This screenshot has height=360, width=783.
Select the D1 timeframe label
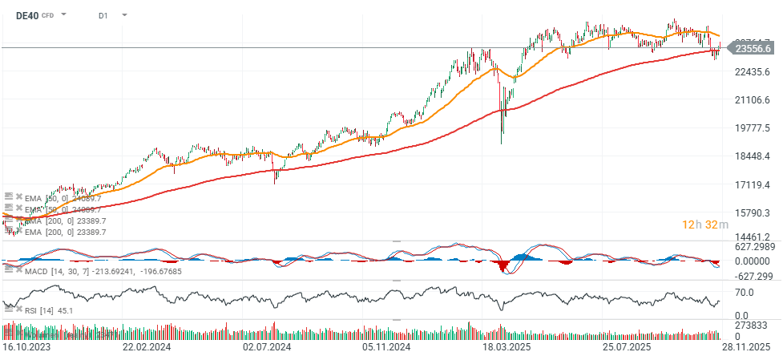point(103,15)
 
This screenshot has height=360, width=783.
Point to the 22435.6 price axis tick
point(752,72)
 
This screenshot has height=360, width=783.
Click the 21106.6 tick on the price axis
point(752,100)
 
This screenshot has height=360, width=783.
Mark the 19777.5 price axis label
point(752,128)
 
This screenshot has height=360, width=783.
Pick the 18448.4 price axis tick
point(752,156)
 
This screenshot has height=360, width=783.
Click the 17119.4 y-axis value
point(752,184)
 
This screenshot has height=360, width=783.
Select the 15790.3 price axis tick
point(752,212)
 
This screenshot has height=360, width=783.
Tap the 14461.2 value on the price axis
point(752,237)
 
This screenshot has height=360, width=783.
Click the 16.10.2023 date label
point(26,347)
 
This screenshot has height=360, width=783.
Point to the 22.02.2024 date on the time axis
point(147,347)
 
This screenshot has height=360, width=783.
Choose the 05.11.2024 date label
point(385,347)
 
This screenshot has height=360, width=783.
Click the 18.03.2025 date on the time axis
point(507,347)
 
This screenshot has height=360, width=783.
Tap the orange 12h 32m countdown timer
point(704,224)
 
